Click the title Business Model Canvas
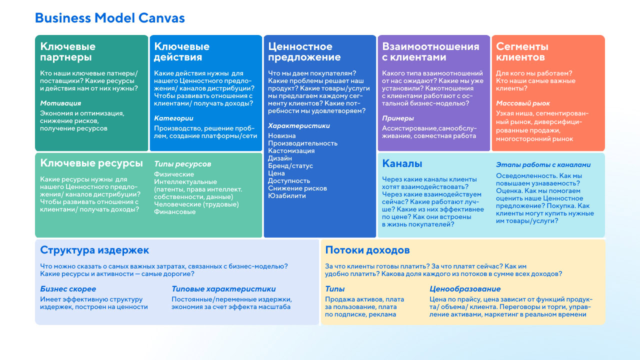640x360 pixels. pyautogui.click(x=109, y=18)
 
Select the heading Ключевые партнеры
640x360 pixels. pyautogui.click(x=67, y=51)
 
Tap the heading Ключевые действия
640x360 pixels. pyautogui.click(x=181, y=51)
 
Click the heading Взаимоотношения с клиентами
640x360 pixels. pyautogui.click(x=430, y=51)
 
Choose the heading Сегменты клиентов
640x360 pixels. pyautogui.click(x=522, y=51)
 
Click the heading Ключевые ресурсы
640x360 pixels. pyautogui.click(x=91, y=163)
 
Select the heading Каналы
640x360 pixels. pyautogui.click(x=402, y=163)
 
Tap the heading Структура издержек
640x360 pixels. pyautogui.click(x=94, y=250)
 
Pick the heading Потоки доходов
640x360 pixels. pyautogui.click(x=367, y=250)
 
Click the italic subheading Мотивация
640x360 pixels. pyautogui.click(x=60, y=103)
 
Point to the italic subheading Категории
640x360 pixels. pyautogui.click(x=173, y=118)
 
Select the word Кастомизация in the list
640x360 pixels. pyautogui.click(x=291, y=151)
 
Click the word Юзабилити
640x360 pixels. pyautogui.click(x=286, y=196)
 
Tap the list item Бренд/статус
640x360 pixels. pyautogui.click(x=290, y=166)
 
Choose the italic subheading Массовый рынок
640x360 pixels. pyautogui.click(x=523, y=103)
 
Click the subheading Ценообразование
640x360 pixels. pyautogui.click(x=465, y=289)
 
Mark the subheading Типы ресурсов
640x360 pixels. pyautogui.click(x=182, y=164)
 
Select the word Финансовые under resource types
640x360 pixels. pyautogui.click(x=174, y=212)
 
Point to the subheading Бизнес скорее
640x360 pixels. pyautogui.click(x=68, y=289)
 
